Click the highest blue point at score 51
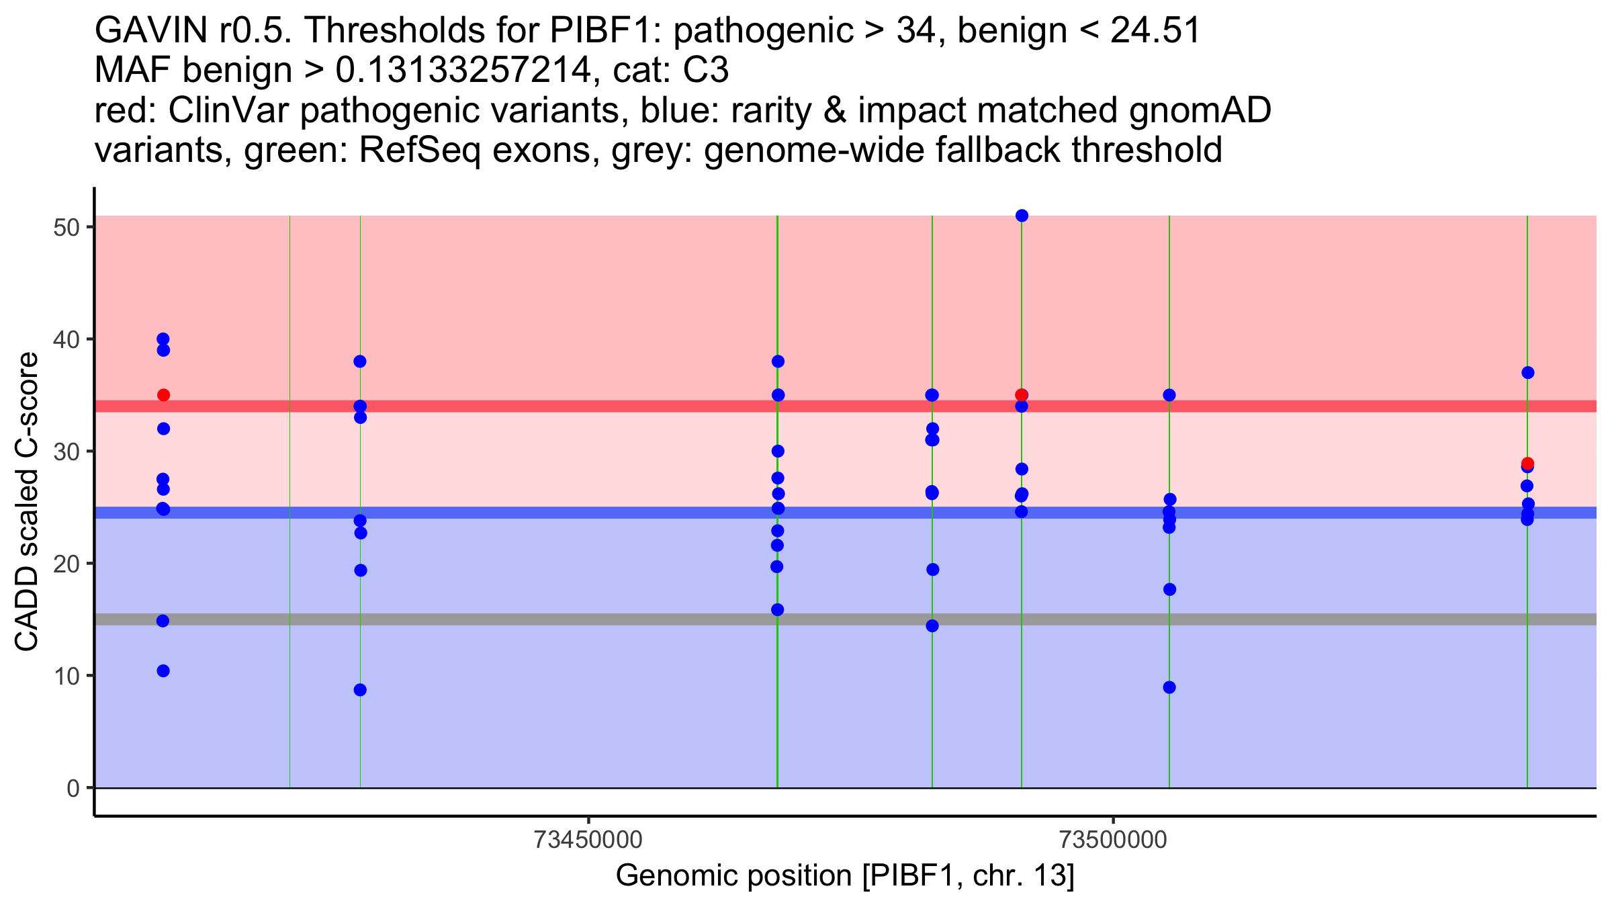tap(1022, 216)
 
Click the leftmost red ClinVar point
tap(163, 395)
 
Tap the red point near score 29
tap(1527, 464)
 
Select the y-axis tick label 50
tap(66, 227)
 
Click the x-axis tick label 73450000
tap(588, 840)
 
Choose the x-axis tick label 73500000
tap(1114, 840)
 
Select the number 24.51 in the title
tap(1155, 30)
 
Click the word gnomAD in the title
tap(1200, 110)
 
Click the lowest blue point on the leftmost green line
tap(360, 690)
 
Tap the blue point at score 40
tap(163, 339)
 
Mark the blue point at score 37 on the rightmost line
tap(1528, 373)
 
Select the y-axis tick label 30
tap(66, 451)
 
